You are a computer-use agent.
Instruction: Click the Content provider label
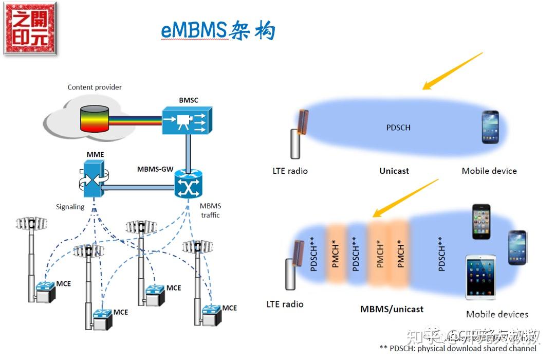pyautogui.click(x=95, y=87)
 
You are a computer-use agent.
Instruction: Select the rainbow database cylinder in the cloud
pyautogui.click(x=94, y=118)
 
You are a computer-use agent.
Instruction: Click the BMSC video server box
pyautogui.click(x=187, y=121)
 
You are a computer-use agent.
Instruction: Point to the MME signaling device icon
pyautogui.click(x=94, y=178)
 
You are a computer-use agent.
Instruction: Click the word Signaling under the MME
pyautogui.click(x=70, y=207)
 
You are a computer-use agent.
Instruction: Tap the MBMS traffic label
pyautogui.click(x=210, y=210)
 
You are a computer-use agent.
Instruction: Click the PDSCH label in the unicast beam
pyautogui.click(x=398, y=127)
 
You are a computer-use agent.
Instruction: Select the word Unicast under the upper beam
pyautogui.click(x=394, y=171)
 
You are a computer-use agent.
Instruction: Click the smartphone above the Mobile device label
pyautogui.click(x=490, y=127)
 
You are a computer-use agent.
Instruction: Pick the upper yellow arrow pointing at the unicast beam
pyautogui.click(x=452, y=71)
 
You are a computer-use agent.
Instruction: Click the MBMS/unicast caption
pyautogui.click(x=392, y=309)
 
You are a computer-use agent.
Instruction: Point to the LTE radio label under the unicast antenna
pyautogui.click(x=290, y=171)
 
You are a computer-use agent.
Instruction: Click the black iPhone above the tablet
pyautogui.click(x=482, y=222)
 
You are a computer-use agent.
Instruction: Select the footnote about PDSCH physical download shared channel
pyautogui.click(x=457, y=348)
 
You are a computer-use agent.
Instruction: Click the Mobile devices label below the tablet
pyautogui.click(x=496, y=314)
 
